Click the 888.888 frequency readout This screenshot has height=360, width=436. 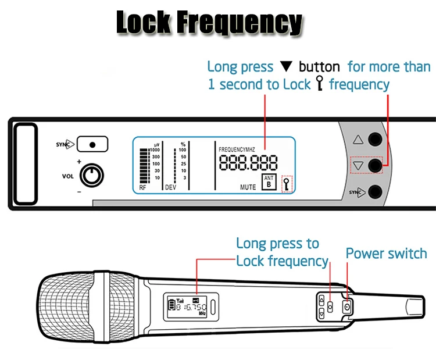pyautogui.click(x=248, y=163)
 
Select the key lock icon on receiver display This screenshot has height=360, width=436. pyautogui.click(x=287, y=184)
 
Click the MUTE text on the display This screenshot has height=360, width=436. pyautogui.click(x=248, y=187)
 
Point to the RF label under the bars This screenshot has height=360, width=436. pyautogui.click(x=143, y=188)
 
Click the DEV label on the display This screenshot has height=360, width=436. pyautogui.click(x=170, y=188)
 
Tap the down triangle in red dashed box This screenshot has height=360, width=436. pyautogui.click(x=359, y=166)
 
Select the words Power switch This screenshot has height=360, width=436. pyautogui.click(x=386, y=254)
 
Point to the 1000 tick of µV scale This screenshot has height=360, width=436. pyautogui.click(x=155, y=150)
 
